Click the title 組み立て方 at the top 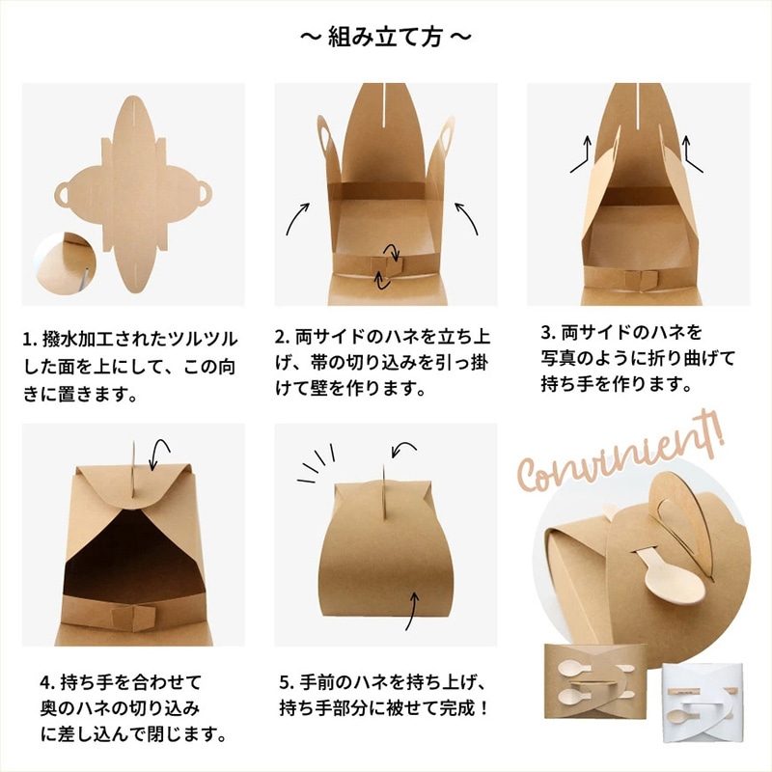click(x=385, y=38)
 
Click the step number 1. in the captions click(x=30, y=340)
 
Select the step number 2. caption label click(x=283, y=338)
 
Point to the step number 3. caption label click(x=549, y=333)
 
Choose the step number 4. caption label click(x=47, y=683)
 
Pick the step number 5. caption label click(x=287, y=683)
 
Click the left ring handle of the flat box click(x=63, y=194)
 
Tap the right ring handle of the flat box click(x=204, y=194)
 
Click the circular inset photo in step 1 click(x=65, y=263)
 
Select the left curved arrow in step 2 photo click(x=296, y=218)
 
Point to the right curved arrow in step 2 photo click(x=467, y=218)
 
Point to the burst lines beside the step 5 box click(x=317, y=464)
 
